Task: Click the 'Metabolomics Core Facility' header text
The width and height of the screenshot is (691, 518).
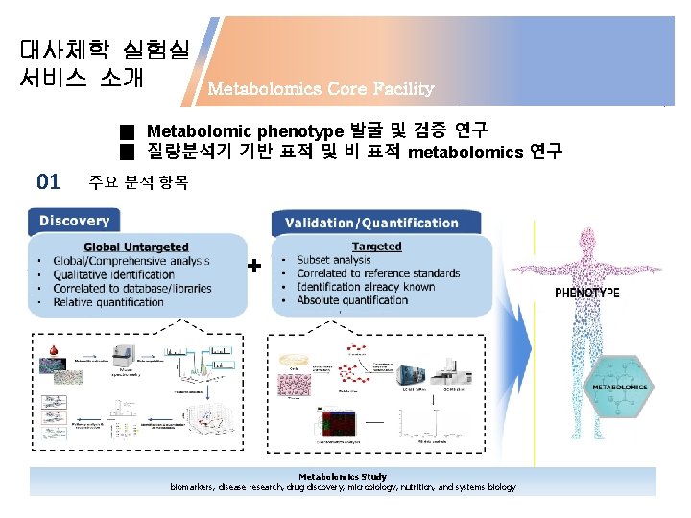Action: tap(321, 89)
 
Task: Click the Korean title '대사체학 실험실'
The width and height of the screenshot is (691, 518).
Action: tap(105, 48)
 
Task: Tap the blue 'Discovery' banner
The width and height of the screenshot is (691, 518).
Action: tap(75, 221)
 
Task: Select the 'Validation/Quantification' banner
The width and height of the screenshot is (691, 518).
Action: tap(371, 223)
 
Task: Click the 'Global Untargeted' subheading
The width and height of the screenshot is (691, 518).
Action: tap(135, 247)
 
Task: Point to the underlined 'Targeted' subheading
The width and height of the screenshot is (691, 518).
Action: tap(376, 247)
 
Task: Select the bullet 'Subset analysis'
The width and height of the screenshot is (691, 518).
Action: tap(333, 260)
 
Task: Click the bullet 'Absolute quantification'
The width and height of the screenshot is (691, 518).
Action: tap(352, 299)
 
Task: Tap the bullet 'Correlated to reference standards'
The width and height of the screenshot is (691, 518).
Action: tap(378, 273)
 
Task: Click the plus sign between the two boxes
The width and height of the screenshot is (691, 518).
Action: tap(253, 267)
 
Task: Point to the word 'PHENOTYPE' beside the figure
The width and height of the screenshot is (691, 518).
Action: tap(586, 293)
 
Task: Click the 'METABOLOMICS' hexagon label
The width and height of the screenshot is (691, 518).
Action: tap(619, 387)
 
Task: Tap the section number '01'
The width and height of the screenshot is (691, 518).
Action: tap(48, 180)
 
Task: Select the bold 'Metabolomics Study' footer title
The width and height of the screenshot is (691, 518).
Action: tap(343, 476)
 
